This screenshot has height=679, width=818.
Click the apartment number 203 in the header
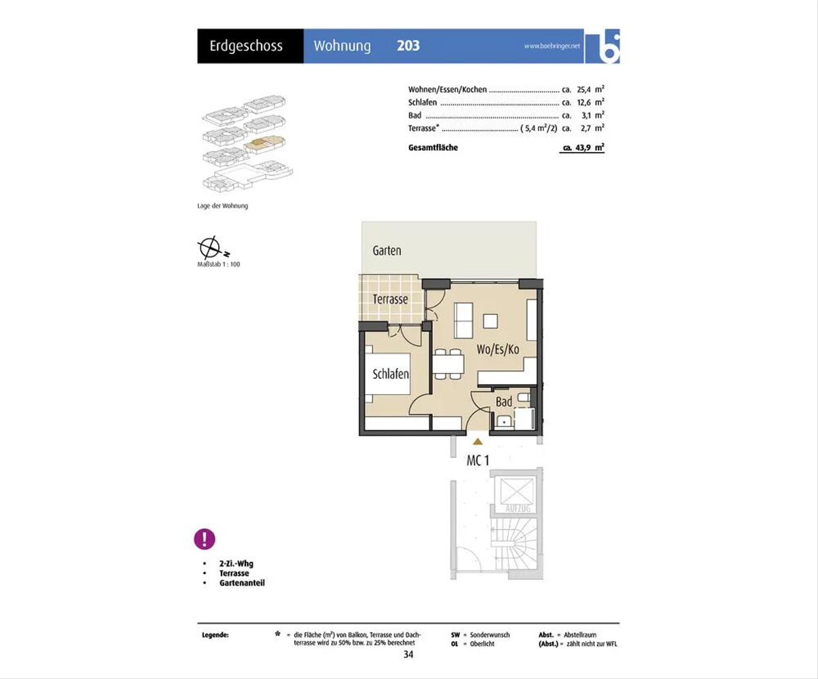click(x=408, y=46)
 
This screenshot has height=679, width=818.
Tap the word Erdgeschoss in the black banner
click(x=246, y=46)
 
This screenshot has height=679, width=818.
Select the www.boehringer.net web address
click(x=552, y=46)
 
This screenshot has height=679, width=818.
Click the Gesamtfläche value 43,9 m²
click(x=584, y=148)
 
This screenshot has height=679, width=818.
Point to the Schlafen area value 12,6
click(x=584, y=103)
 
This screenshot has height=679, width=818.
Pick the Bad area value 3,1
click(x=586, y=116)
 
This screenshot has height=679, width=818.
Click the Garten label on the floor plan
click(x=387, y=250)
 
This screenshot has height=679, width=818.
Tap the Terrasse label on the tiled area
click(x=390, y=299)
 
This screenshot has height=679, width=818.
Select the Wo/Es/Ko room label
click(x=498, y=349)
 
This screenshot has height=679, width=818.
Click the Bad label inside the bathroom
click(x=504, y=402)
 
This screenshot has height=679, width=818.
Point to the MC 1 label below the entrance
click(x=478, y=460)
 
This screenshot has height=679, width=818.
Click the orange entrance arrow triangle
click(x=477, y=442)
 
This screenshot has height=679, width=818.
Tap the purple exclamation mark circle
click(x=204, y=539)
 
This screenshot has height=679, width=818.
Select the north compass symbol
click(x=210, y=247)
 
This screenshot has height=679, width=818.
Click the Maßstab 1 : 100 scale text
click(x=219, y=265)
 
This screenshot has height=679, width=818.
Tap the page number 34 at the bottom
click(x=408, y=654)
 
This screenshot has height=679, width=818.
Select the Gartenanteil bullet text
click(x=242, y=583)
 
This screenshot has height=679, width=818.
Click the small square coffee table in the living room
click(x=491, y=321)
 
